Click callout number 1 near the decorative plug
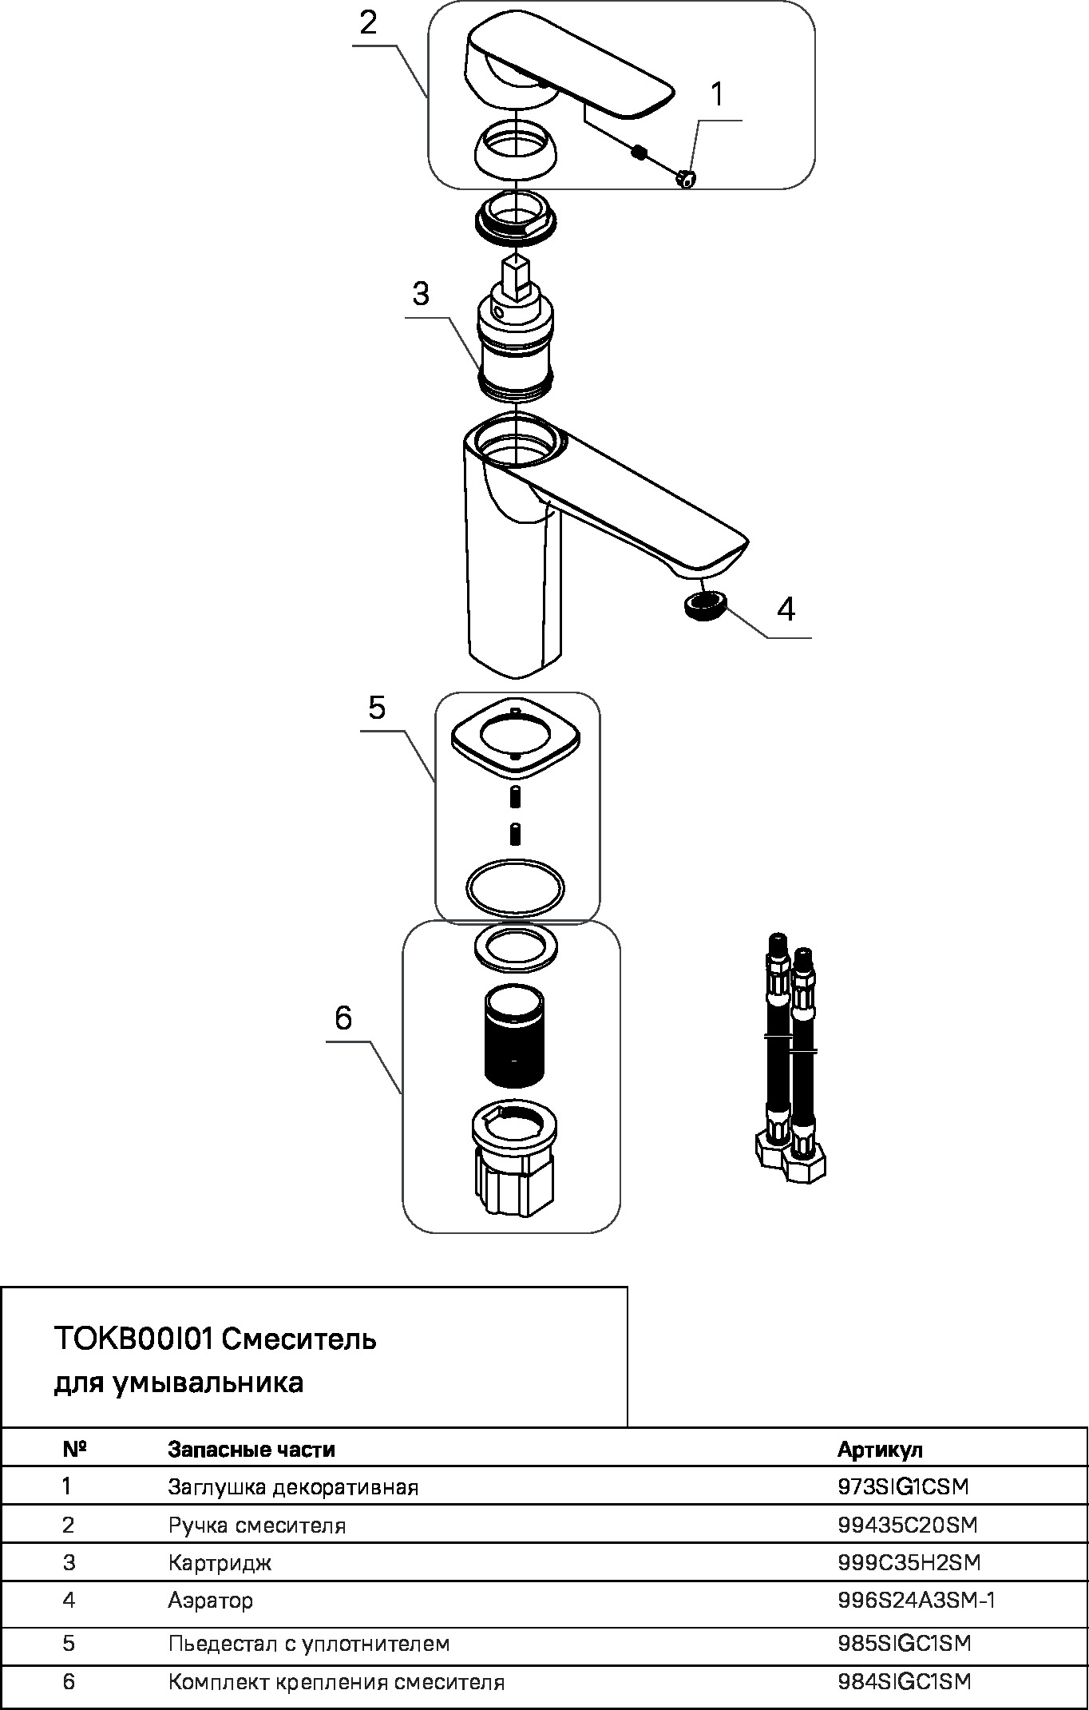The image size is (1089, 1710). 717,94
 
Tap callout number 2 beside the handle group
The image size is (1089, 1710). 368,22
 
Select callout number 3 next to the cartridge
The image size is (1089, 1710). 421,293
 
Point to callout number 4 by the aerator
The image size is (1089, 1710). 786,609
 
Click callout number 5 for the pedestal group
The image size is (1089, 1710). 377,707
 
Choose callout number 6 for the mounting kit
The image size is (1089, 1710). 343,1018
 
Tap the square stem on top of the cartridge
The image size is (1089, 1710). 515,277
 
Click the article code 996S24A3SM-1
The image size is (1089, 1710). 917,1600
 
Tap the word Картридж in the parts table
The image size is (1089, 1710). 220,1563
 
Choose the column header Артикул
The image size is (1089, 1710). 880,1450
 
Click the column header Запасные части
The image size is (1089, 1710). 251,1450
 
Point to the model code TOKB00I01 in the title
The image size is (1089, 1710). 133,1338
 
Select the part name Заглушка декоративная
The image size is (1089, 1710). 293,1487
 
